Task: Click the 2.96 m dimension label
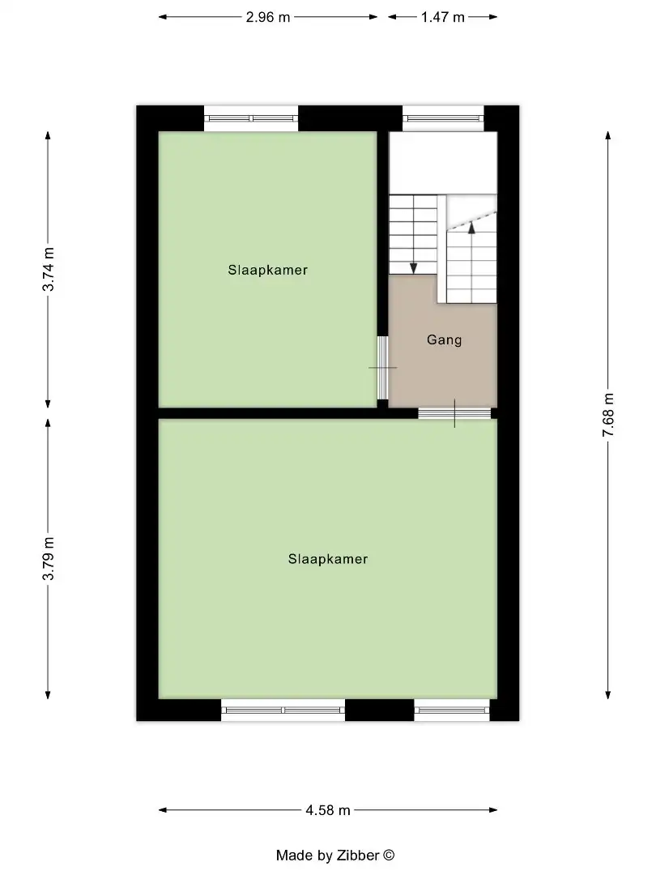click(268, 17)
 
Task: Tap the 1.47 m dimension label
click(443, 17)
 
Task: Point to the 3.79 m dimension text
click(49, 558)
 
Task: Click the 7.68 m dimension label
click(608, 415)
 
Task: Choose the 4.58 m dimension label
click(328, 809)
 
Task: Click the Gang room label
click(444, 340)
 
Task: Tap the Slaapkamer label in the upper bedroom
click(267, 270)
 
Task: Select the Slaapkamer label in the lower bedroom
click(328, 559)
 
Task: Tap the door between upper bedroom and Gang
click(382, 367)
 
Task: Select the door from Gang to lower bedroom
click(454, 413)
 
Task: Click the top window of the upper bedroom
click(251, 118)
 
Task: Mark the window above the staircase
click(443, 118)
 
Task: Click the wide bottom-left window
click(283, 710)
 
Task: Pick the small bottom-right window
click(452, 710)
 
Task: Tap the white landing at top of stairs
click(442, 162)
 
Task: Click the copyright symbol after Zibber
click(389, 855)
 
